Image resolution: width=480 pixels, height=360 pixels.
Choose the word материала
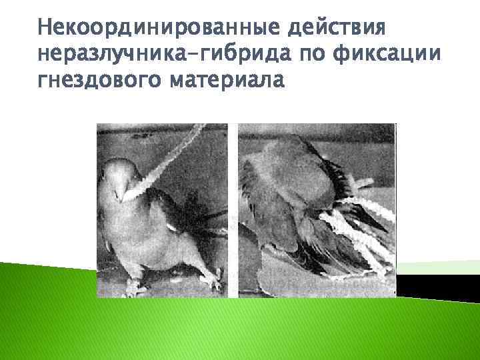227,79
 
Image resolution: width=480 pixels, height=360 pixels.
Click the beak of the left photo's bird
121,194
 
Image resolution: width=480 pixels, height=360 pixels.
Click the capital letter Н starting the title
46,29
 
